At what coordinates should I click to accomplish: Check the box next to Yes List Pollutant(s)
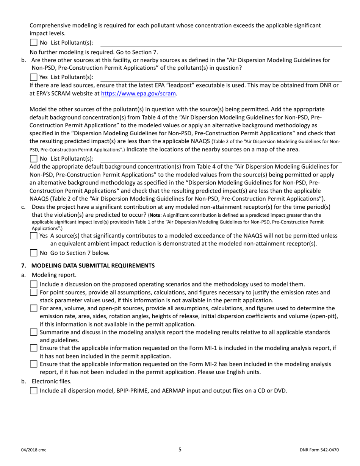34,77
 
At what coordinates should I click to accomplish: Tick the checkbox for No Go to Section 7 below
34,253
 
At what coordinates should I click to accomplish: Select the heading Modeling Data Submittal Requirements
93,266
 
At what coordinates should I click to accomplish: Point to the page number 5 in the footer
180,450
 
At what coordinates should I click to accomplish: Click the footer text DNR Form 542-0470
319,450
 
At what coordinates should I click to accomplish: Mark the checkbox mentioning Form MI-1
34,348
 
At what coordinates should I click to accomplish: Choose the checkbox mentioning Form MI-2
34,364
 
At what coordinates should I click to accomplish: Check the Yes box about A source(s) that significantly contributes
34,236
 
